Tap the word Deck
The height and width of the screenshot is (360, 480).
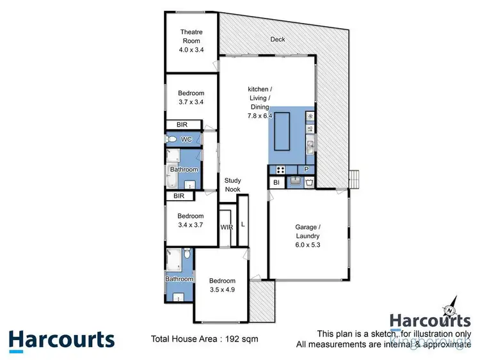pos(277,40)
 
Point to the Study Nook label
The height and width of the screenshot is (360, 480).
pos(232,185)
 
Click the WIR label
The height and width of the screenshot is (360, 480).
pos(227,227)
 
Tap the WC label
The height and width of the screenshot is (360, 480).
pos(186,139)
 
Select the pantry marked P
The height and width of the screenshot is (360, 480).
pos(307,169)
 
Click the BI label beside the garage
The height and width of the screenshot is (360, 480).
pos(276,183)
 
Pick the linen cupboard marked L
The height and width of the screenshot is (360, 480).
pos(243,224)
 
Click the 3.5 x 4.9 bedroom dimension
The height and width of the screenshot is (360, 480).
pos(222,289)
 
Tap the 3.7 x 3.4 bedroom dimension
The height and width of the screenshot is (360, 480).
pos(191,101)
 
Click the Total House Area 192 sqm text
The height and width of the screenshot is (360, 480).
pos(204,339)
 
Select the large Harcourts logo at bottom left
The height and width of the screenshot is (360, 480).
pos(61,340)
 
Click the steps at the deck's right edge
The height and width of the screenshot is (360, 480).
pos(354,178)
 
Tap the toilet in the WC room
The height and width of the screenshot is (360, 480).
pos(172,139)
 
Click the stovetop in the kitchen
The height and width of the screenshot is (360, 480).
pos(280,169)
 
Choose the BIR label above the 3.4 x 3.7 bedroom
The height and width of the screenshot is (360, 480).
pos(179,196)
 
